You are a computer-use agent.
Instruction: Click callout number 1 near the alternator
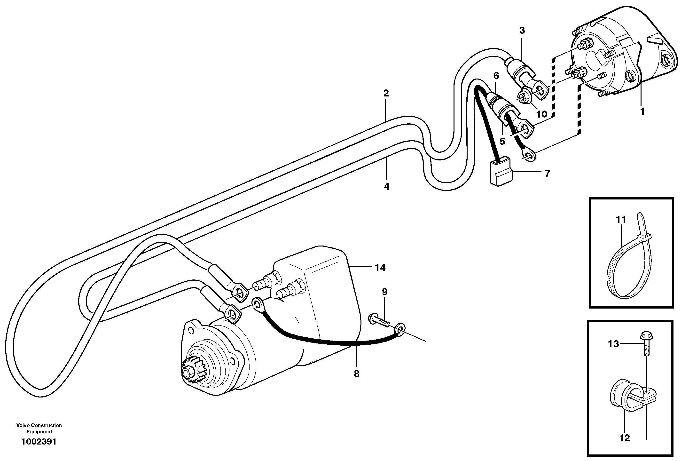(642, 111)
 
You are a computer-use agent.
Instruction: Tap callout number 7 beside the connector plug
(547, 174)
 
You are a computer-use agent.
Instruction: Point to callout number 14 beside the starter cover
(380, 268)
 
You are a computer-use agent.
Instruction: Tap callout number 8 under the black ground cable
(356, 374)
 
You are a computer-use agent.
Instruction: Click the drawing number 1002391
(39, 442)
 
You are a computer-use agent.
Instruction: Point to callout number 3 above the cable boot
(522, 30)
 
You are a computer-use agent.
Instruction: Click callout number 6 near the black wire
(496, 76)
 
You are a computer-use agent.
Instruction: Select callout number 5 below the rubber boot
(502, 141)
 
